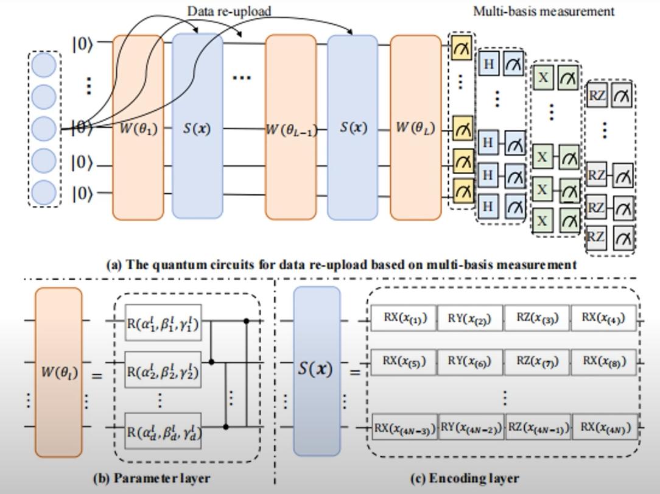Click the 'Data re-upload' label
[x=228, y=11]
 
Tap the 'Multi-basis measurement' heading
[x=544, y=11]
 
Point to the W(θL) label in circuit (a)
[x=415, y=129]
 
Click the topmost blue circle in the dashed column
[x=44, y=66]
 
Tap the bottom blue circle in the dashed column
[x=44, y=192]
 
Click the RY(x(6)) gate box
[x=470, y=361]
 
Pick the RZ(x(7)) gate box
[x=536, y=361]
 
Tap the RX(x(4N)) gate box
[x=603, y=428]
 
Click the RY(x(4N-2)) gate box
[x=471, y=428]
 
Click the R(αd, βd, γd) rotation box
[x=163, y=430]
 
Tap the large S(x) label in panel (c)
[x=315, y=369]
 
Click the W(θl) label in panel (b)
[x=58, y=371]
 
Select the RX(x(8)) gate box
[x=603, y=361]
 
